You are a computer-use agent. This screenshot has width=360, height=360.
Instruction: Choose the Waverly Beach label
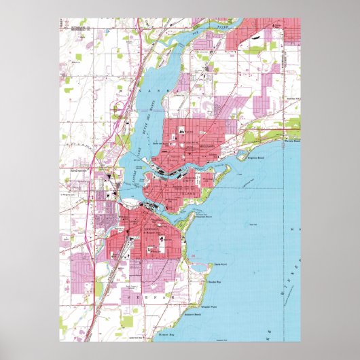pos(291,142)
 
